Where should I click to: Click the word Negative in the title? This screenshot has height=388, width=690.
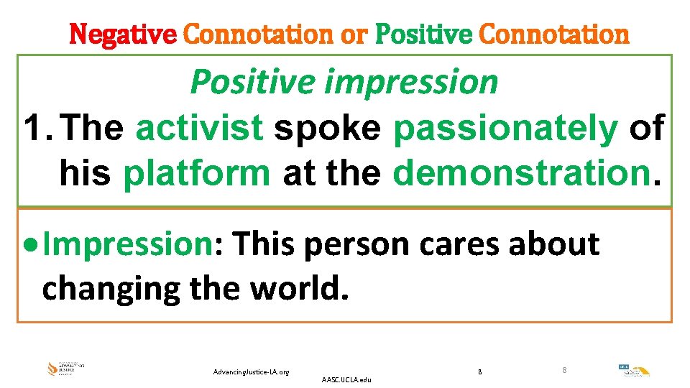122,34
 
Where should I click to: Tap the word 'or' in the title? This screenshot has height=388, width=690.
353,34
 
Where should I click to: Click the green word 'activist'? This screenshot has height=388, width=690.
199,129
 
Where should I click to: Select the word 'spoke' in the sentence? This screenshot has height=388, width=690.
328,129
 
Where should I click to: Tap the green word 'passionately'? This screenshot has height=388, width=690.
505,129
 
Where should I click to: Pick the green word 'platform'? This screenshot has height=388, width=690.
197,172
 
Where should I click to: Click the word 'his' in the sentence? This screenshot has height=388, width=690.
85,172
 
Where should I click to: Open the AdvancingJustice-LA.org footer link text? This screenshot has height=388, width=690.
252,371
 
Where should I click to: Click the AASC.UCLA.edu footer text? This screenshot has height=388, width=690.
347,379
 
